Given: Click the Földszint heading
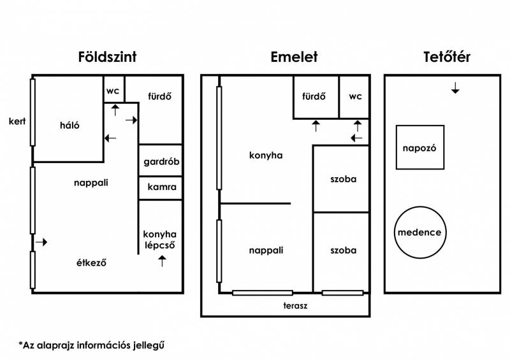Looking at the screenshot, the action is click(107, 57).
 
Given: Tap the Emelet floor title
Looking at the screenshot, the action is click(294, 57).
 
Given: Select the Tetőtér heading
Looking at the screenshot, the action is click(447, 57).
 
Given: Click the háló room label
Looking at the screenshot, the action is click(69, 125).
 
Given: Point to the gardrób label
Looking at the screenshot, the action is click(161, 162).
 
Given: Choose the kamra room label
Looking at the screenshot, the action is click(162, 187).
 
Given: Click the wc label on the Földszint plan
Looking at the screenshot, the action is click(113, 91).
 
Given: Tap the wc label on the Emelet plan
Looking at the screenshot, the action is click(355, 97).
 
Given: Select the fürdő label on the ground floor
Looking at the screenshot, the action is click(159, 96).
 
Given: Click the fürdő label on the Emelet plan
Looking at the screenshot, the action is click(314, 96).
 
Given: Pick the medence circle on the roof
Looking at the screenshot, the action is click(420, 207).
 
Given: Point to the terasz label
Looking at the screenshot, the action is click(295, 306).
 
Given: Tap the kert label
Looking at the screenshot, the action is click(17, 121).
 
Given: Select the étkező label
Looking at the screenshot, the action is click(91, 263).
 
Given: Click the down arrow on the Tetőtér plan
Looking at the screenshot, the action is click(455, 88).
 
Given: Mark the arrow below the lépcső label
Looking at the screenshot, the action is click(162, 261).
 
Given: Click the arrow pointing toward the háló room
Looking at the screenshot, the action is click(110, 138).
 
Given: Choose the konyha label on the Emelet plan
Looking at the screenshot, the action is click(266, 155).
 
